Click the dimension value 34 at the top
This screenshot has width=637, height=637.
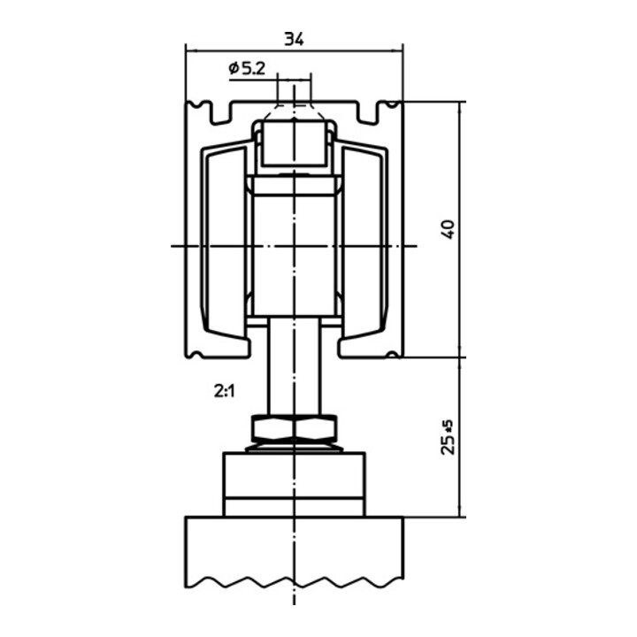(294, 38)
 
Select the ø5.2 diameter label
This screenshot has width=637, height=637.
(247, 68)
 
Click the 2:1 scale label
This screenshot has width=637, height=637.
(223, 389)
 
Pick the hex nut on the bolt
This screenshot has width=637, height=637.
(294, 429)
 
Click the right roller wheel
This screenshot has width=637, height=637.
(363, 244)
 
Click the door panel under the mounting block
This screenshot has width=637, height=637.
(294, 549)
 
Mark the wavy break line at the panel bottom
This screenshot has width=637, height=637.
(294, 585)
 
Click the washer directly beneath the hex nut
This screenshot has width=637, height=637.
(294, 447)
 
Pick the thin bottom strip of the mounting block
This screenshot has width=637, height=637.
(294, 507)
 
